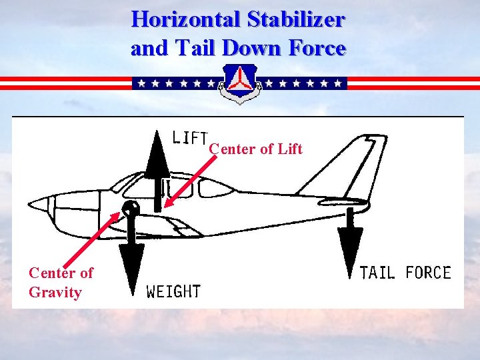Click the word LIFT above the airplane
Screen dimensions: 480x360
(189, 137)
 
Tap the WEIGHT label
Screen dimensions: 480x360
(173, 291)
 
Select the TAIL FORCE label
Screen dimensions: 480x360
(405, 273)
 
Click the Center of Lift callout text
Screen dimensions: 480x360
(256, 149)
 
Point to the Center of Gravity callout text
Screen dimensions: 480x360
(60, 282)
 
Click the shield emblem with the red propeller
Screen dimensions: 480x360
(240, 84)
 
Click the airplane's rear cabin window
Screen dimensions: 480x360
(216, 189)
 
